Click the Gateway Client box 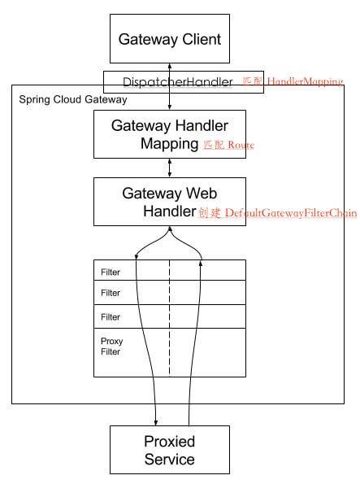(x=170, y=39)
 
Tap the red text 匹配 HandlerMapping (x=293, y=82)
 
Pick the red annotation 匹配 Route (x=228, y=145)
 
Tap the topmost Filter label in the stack (x=111, y=272)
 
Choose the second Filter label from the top (x=111, y=293)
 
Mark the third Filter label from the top (x=111, y=316)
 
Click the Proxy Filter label (x=111, y=347)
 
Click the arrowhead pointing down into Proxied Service (x=154, y=421)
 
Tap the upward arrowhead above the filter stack (x=200, y=262)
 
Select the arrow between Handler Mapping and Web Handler (x=169, y=168)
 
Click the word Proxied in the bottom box (x=170, y=442)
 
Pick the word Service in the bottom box (x=170, y=460)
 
